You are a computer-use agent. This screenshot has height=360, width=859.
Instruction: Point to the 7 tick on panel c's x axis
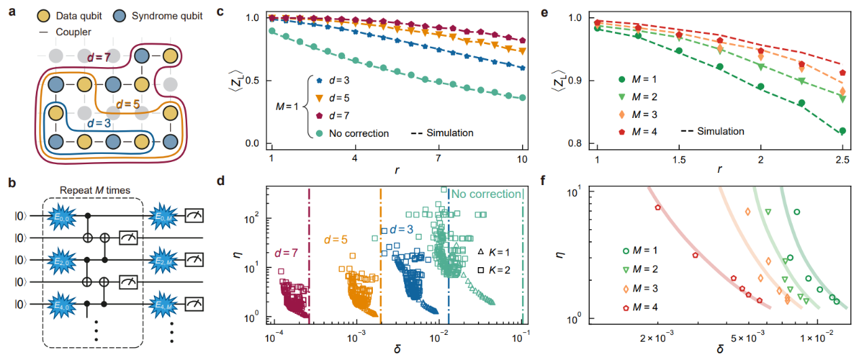tap(439, 159)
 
